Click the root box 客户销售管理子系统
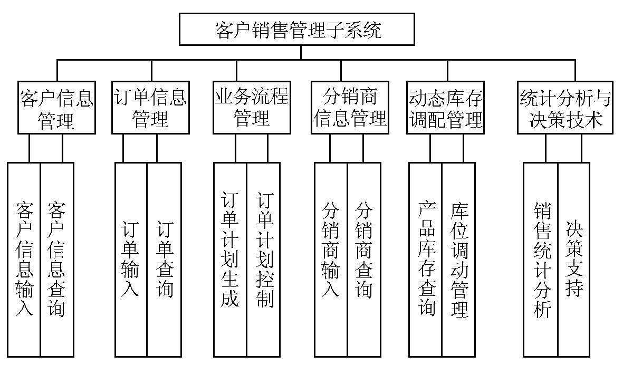(297, 30)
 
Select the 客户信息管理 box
(56, 108)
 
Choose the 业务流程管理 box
(252, 108)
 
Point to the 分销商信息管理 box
(349, 108)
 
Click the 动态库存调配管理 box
(446, 108)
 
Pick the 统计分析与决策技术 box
(566, 108)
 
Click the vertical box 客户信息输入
(24, 259)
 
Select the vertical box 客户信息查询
(57, 259)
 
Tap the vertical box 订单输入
(131, 259)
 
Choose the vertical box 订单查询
(164, 259)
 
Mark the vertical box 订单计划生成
(230, 259)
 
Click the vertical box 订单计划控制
(263, 259)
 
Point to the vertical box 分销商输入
(331, 259)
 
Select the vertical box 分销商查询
(364, 259)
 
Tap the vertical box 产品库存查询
(425, 259)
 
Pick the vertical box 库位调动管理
(458, 259)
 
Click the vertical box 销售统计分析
(541, 259)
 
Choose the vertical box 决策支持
(574, 259)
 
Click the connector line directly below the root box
(301, 53)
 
